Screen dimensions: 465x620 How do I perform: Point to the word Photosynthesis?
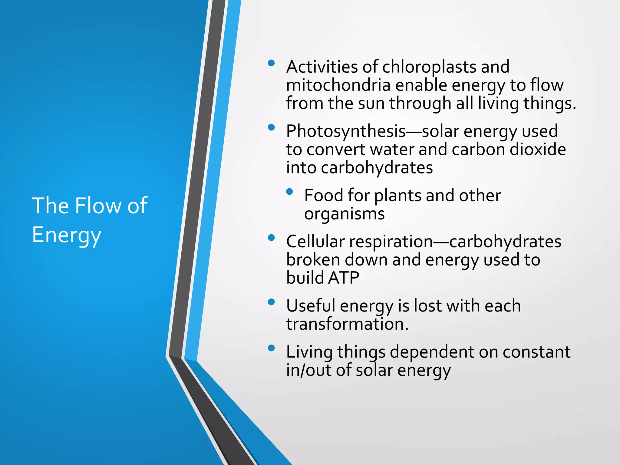[x=346, y=131]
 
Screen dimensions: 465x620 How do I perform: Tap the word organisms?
[x=344, y=214]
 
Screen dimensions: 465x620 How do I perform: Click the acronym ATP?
[x=344, y=278]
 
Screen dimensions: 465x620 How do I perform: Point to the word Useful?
[x=311, y=306]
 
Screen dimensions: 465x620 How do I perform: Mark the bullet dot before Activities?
[x=271, y=63]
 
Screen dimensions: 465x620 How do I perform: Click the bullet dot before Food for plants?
[x=289, y=191]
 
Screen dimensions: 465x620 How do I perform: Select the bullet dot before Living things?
[x=271, y=348]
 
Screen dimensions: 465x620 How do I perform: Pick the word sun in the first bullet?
[x=371, y=103]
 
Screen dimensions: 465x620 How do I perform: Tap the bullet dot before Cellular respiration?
[x=271, y=238]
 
